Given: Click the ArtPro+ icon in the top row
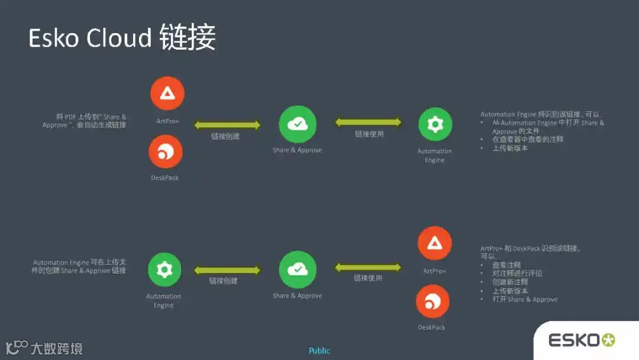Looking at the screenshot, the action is (167, 93).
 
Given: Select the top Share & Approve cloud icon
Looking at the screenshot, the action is (298, 124).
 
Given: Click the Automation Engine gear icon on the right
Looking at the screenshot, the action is (435, 124).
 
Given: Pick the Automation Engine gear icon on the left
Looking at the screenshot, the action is (164, 270).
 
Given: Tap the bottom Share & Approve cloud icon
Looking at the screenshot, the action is (298, 270).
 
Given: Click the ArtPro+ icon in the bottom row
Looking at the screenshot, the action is (435, 243).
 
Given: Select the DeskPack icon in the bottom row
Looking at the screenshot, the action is (433, 301).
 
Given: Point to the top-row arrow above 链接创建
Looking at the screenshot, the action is (227, 124).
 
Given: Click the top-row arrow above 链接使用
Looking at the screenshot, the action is (368, 123).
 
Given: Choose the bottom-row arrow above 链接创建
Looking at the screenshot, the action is (227, 270).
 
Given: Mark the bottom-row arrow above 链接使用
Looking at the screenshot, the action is (368, 268).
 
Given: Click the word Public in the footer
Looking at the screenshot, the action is (319, 351).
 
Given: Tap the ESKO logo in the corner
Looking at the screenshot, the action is (582, 340).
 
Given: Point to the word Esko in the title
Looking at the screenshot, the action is (54, 38).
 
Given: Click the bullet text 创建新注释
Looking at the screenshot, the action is (510, 282).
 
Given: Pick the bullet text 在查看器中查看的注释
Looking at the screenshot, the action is (527, 139).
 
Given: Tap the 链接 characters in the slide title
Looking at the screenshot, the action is (188, 38).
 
